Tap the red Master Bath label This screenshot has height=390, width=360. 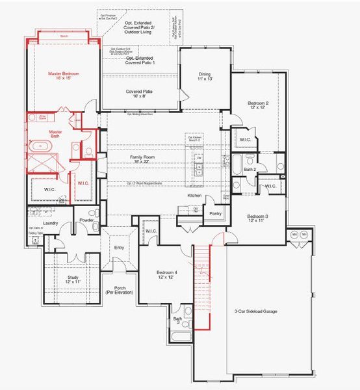click(37, 133)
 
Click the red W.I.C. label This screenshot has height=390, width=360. click(83, 183)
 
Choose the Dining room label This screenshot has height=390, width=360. click(205, 77)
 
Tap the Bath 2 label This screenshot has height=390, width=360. click(250, 169)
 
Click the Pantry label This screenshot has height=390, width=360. click(215, 213)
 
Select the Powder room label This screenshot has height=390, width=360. click(86, 221)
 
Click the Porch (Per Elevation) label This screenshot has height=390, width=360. click(120, 290)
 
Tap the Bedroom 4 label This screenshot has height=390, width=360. click(167, 274)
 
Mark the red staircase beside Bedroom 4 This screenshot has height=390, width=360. click(203, 286)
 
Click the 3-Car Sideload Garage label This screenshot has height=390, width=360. click(255, 311)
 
